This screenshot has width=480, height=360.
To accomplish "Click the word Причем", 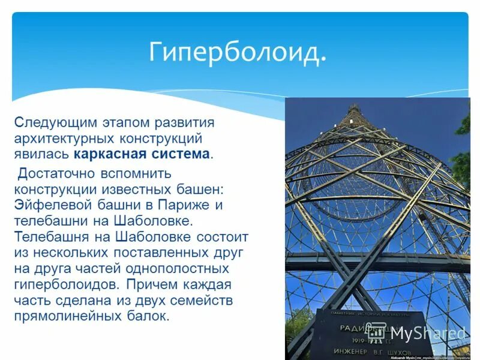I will pyautogui.click(x=146, y=284).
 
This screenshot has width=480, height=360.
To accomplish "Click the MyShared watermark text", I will pyautogui.click(x=427, y=334).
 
